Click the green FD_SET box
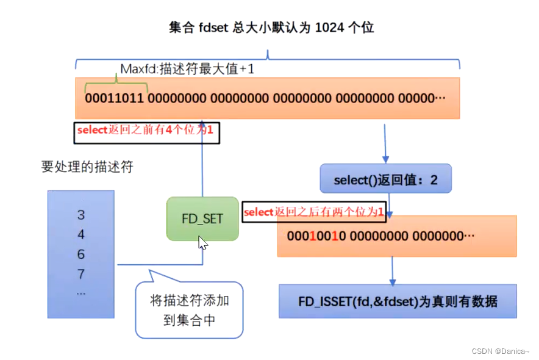[202, 219]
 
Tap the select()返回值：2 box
[385, 180]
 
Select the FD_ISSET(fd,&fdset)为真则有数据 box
[398, 301]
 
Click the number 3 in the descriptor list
[81, 215]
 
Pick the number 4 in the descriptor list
[81, 235]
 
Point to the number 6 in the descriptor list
[81, 254]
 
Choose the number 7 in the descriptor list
[81, 274]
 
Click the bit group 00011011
[114, 98]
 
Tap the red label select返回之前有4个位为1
[146, 131]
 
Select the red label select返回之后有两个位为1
[313, 212]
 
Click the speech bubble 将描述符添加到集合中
[189, 310]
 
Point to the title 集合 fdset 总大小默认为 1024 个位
[271, 27]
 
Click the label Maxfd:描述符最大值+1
[187, 69]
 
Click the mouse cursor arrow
[202, 242]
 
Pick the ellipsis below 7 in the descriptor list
[81, 293]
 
